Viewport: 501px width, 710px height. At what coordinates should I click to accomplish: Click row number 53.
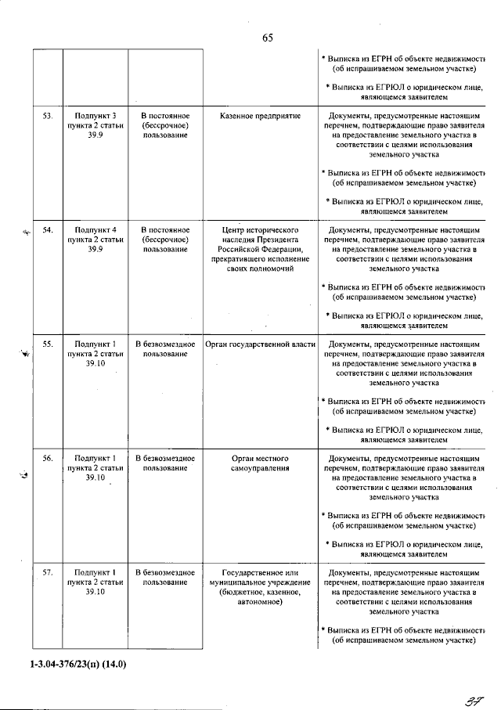47,116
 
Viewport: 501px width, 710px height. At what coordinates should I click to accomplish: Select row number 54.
47,230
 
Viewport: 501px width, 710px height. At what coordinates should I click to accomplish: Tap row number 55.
47,344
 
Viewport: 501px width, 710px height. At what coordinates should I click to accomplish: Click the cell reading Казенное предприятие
261,116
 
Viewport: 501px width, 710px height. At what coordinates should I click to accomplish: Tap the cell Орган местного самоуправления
261,463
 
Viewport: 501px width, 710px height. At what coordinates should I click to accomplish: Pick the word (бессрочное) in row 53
165,125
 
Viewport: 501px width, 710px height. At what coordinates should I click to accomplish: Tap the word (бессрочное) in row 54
165,240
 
